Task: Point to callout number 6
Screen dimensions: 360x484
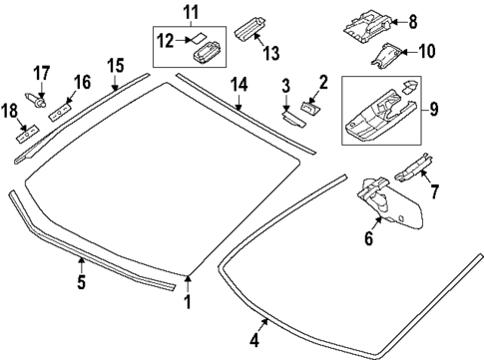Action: (368, 240)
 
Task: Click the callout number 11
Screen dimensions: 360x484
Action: (190, 12)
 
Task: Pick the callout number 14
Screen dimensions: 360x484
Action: (240, 86)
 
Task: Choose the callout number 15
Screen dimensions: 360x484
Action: (116, 66)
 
